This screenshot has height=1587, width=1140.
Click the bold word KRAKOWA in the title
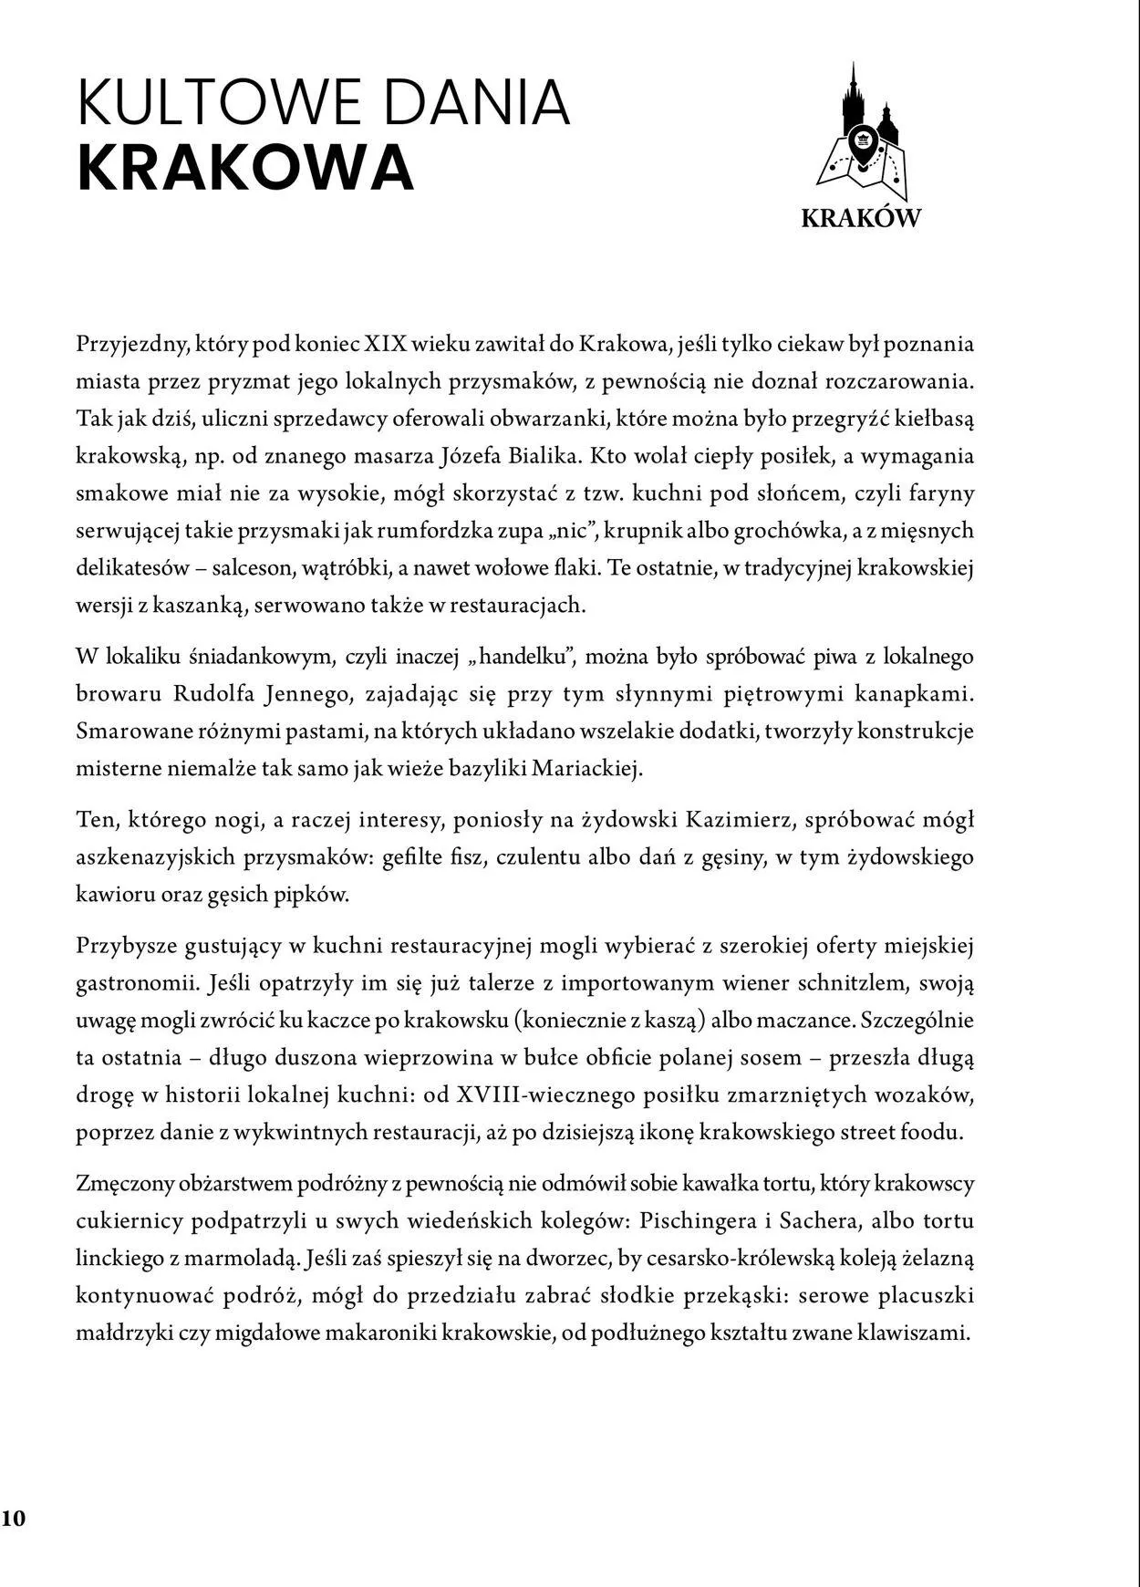coord(245,167)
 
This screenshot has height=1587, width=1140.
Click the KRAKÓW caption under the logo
coord(861,218)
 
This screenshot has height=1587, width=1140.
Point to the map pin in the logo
coord(861,144)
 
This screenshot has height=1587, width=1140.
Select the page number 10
coord(14,1519)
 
